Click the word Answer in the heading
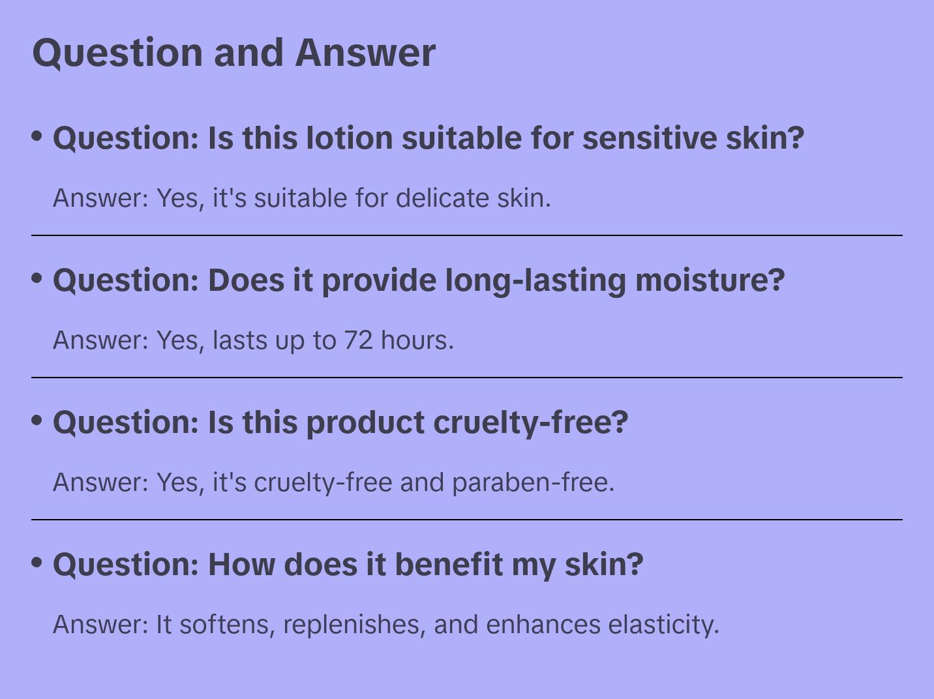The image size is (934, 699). coord(365,53)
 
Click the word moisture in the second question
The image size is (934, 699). coord(709,280)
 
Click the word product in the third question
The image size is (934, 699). coord(366,423)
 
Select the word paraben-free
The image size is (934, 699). coord(533,482)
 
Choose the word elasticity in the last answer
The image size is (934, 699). coord(663,624)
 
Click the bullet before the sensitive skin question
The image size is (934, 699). coord(37,136)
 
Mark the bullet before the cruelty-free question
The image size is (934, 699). coord(37,421)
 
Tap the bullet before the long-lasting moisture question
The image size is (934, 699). coord(37,278)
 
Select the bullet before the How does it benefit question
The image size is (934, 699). coord(37,563)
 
